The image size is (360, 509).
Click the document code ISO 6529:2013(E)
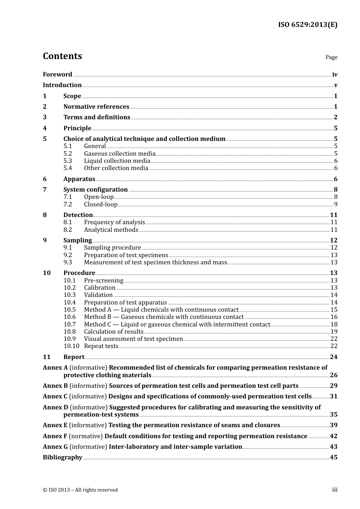click(x=307, y=25)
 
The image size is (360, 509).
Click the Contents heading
click(x=62, y=56)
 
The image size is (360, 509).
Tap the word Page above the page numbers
click(x=331, y=57)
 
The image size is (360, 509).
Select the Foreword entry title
click(x=57, y=75)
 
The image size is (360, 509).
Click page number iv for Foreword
click(x=335, y=75)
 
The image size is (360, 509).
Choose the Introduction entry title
click(x=62, y=85)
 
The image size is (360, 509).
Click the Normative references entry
click(x=96, y=107)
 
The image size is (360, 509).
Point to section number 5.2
click(x=67, y=154)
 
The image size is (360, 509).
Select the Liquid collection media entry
click(x=117, y=161)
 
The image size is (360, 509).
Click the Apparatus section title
click(x=79, y=179)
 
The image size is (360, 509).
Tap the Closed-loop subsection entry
click(x=101, y=205)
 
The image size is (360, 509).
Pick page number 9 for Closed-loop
click(x=335, y=205)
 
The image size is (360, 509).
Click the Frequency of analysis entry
click(x=114, y=222)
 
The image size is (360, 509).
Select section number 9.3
click(x=67, y=262)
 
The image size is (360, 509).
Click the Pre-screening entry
click(x=103, y=281)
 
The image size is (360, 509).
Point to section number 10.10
click(x=71, y=346)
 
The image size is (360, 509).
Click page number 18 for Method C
click(x=334, y=325)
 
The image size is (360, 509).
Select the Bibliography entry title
click(x=63, y=457)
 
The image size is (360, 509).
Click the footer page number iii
click(x=335, y=490)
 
